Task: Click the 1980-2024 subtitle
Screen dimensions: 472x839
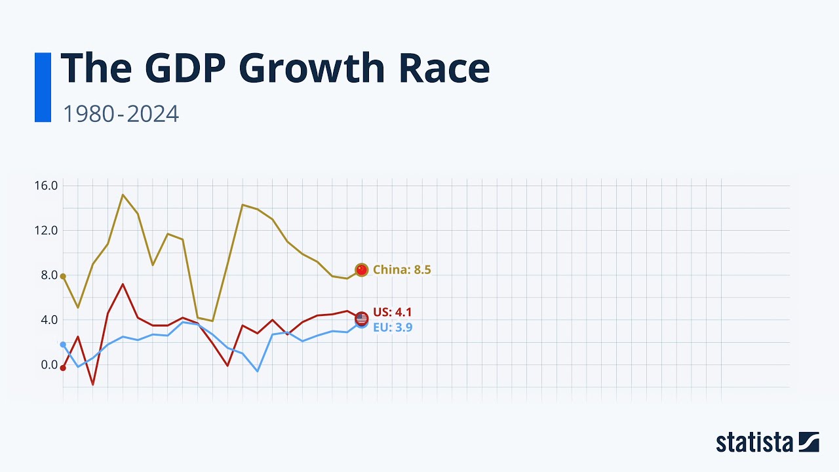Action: point(121,114)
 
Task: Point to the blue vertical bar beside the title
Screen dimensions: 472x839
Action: point(43,87)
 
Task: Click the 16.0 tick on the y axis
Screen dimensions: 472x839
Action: point(46,186)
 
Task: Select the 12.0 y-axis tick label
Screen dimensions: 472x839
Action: point(46,230)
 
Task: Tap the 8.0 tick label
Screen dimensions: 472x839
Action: point(49,275)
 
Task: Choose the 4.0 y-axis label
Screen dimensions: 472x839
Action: point(49,320)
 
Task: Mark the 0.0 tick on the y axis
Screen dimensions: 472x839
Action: point(49,364)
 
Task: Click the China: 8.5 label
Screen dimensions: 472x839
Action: point(402,269)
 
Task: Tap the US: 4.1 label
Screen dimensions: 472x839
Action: point(393,312)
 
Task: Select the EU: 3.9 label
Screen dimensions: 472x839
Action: point(393,327)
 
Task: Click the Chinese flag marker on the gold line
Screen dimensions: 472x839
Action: point(361,269)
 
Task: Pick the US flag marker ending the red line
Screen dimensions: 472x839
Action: point(361,318)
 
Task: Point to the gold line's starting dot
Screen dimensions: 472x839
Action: point(63,276)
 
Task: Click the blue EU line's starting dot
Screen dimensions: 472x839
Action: point(63,344)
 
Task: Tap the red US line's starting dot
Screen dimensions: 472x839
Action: point(63,368)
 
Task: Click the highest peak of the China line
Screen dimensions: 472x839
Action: point(123,195)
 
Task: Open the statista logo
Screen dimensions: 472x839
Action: point(767,442)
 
